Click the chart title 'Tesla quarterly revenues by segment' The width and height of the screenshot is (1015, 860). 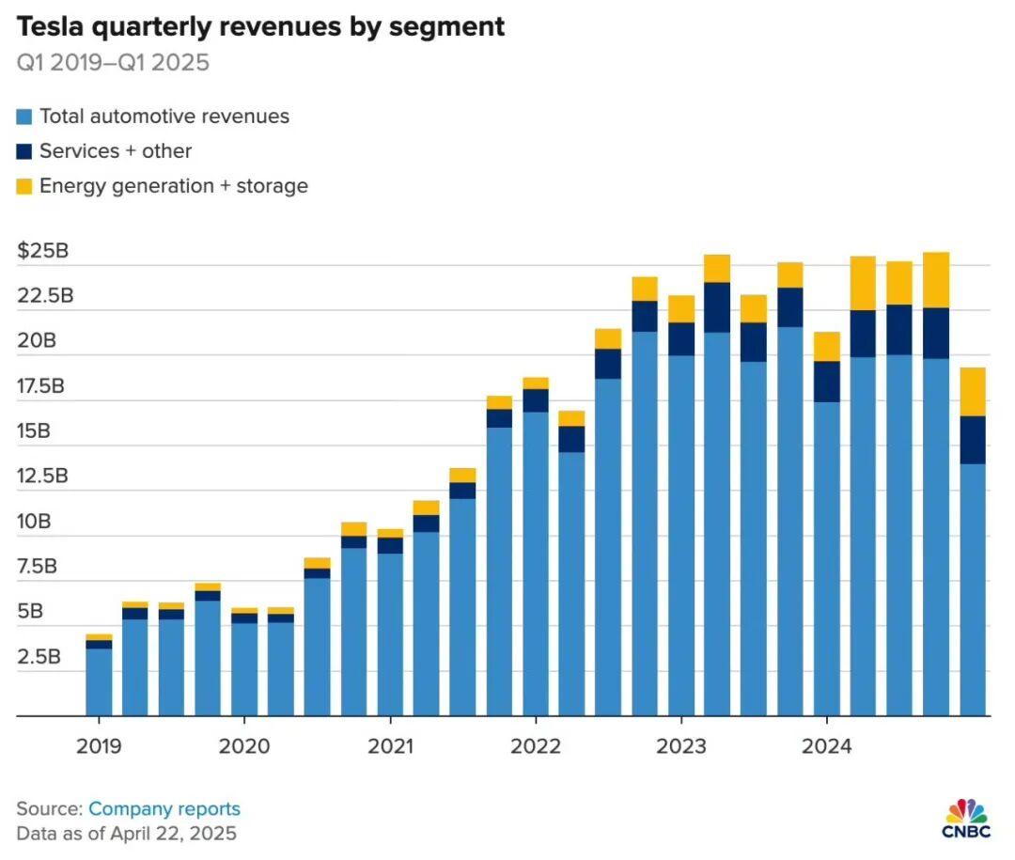[260, 26]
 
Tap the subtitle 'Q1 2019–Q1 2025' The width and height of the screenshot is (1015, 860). [113, 64]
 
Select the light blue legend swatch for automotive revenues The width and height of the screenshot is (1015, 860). [24, 117]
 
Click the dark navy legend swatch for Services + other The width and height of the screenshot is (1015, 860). [24, 151]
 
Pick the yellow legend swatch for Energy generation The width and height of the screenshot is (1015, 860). [24, 186]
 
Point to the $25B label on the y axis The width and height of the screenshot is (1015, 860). [43, 251]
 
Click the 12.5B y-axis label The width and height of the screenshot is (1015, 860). [42, 476]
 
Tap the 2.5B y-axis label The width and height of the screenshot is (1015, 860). [39, 656]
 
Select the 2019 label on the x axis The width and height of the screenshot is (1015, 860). [99, 747]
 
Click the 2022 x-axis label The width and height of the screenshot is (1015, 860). [535, 747]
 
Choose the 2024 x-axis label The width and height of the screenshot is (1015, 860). [826, 747]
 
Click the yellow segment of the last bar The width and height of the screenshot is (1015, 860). [973, 391]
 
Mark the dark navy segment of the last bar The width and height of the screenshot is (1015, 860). [973, 440]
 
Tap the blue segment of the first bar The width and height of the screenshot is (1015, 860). [99, 681]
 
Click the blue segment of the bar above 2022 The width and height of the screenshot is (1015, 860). [535, 564]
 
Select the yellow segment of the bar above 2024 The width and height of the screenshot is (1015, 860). [827, 346]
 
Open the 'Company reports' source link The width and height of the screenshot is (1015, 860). [164, 809]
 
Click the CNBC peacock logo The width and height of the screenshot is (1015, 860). [967, 814]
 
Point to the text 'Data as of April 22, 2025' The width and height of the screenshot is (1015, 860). [126, 834]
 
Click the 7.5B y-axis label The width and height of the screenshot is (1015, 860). [39, 566]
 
